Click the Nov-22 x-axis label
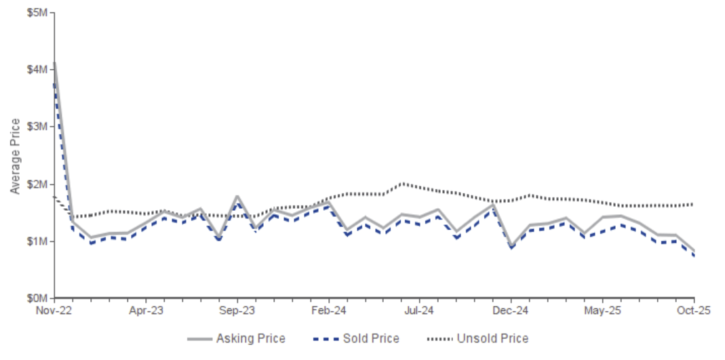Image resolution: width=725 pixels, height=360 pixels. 55,311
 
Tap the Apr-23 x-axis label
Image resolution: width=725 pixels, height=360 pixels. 146,311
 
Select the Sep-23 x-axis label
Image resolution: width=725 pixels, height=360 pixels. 237,311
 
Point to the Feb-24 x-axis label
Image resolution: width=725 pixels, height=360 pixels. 329,311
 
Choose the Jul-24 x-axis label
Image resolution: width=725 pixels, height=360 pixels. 420,311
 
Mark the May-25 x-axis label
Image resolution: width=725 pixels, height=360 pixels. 602,311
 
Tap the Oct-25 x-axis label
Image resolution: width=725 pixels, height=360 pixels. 693,311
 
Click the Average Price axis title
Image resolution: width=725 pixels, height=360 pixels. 15,155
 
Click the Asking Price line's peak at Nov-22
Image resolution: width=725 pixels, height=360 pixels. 55,63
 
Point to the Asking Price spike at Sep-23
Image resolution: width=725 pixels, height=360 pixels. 237,197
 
